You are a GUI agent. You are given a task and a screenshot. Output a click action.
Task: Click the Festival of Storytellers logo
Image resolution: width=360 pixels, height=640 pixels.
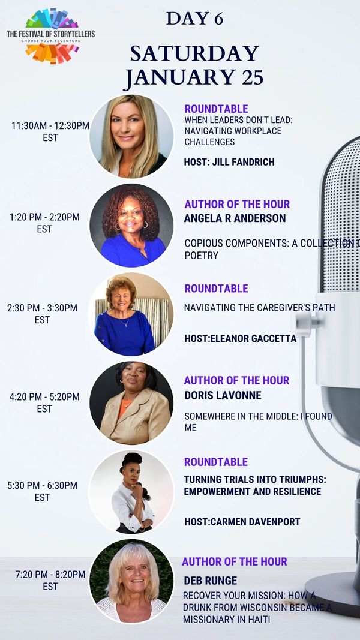click(x=50, y=36)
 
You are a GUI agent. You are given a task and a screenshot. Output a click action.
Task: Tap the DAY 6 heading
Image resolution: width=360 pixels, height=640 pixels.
click(x=194, y=19)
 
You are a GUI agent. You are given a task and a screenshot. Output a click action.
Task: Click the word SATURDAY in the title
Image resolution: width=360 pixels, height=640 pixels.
click(x=194, y=53)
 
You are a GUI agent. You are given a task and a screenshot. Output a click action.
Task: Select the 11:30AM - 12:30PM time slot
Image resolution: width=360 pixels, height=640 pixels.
click(x=50, y=131)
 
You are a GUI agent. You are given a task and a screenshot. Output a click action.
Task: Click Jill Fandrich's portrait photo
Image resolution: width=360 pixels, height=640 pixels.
click(x=131, y=137)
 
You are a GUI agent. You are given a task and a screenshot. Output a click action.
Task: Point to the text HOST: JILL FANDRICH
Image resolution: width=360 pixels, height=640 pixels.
click(x=229, y=162)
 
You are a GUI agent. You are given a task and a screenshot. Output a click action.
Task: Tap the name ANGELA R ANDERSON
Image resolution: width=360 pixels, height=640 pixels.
click(x=235, y=218)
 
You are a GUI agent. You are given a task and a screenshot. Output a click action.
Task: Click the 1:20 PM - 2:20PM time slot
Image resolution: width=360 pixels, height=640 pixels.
click(x=44, y=223)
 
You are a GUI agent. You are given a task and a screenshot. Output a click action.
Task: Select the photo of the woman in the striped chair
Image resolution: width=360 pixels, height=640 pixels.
click(x=131, y=314)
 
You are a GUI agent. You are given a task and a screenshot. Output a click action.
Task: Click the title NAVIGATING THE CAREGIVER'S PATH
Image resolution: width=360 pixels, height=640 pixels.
click(x=259, y=307)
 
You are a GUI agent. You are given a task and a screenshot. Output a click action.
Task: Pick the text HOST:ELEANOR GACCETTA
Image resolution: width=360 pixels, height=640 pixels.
click(x=240, y=339)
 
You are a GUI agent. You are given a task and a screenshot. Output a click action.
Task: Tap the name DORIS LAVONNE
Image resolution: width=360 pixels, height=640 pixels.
click(x=223, y=395)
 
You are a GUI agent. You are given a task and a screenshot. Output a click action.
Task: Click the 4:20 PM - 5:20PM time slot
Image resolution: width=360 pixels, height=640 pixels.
click(x=44, y=402)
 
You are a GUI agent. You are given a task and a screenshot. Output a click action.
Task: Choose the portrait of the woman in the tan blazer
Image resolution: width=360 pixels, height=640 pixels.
click(x=131, y=403)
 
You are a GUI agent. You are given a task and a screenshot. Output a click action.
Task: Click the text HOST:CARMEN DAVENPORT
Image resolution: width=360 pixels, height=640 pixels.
click(x=242, y=522)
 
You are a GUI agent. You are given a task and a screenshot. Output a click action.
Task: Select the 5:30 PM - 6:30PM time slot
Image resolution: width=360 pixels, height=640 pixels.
click(x=42, y=491)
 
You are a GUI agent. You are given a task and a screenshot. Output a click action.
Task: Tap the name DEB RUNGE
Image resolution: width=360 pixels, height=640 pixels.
click(x=210, y=581)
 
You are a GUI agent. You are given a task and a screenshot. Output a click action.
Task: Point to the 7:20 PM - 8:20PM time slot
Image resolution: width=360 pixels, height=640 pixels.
click(x=50, y=581)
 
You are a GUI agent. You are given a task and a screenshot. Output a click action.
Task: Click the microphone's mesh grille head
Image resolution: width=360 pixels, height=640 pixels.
click(x=341, y=217)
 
